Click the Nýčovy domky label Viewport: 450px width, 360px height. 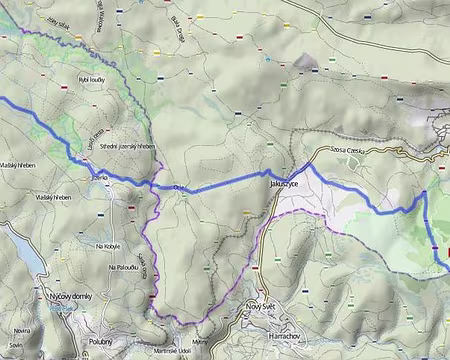click(x=71, y=296)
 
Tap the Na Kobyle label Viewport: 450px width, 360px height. click(x=107, y=246)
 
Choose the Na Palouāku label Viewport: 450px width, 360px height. click(x=112, y=268)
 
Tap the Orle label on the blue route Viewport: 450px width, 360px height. click(x=181, y=186)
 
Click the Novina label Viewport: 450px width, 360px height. click(x=21, y=327)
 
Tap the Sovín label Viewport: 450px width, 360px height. click(x=15, y=344)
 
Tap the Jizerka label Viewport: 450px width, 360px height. click(x=97, y=177)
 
